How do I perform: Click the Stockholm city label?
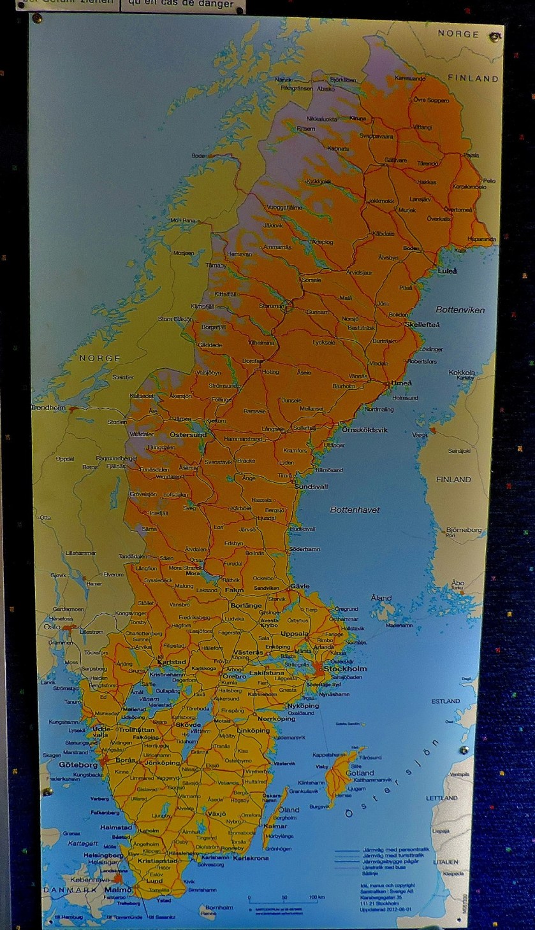coord(345,669)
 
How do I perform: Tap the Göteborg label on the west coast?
coord(78,764)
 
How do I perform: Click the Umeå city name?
coord(401,383)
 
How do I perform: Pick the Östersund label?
coord(187,435)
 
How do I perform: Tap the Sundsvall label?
coord(311,486)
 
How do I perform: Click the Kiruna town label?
coord(358,118)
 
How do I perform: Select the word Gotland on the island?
coord(360,773)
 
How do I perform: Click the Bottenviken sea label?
coord(460,310)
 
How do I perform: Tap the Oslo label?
coord(52,627)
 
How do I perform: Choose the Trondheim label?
coord(48,408)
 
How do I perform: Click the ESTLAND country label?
coord(445,701)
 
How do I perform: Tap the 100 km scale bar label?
coord(312,898)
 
